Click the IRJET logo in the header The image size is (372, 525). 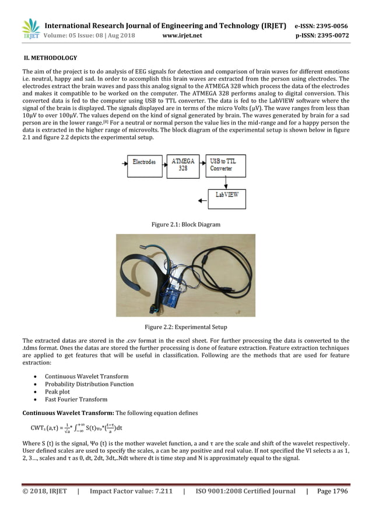(30, 30)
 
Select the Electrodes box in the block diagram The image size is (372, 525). (143, 162)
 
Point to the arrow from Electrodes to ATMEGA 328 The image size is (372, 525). (163, 162)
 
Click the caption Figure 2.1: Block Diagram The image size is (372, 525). (185, 224)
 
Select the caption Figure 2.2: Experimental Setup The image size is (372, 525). (185, 327)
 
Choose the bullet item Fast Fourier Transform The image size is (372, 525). (76, 399)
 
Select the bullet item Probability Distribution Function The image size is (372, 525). (89, 384)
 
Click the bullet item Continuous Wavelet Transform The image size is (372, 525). (87, 377)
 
